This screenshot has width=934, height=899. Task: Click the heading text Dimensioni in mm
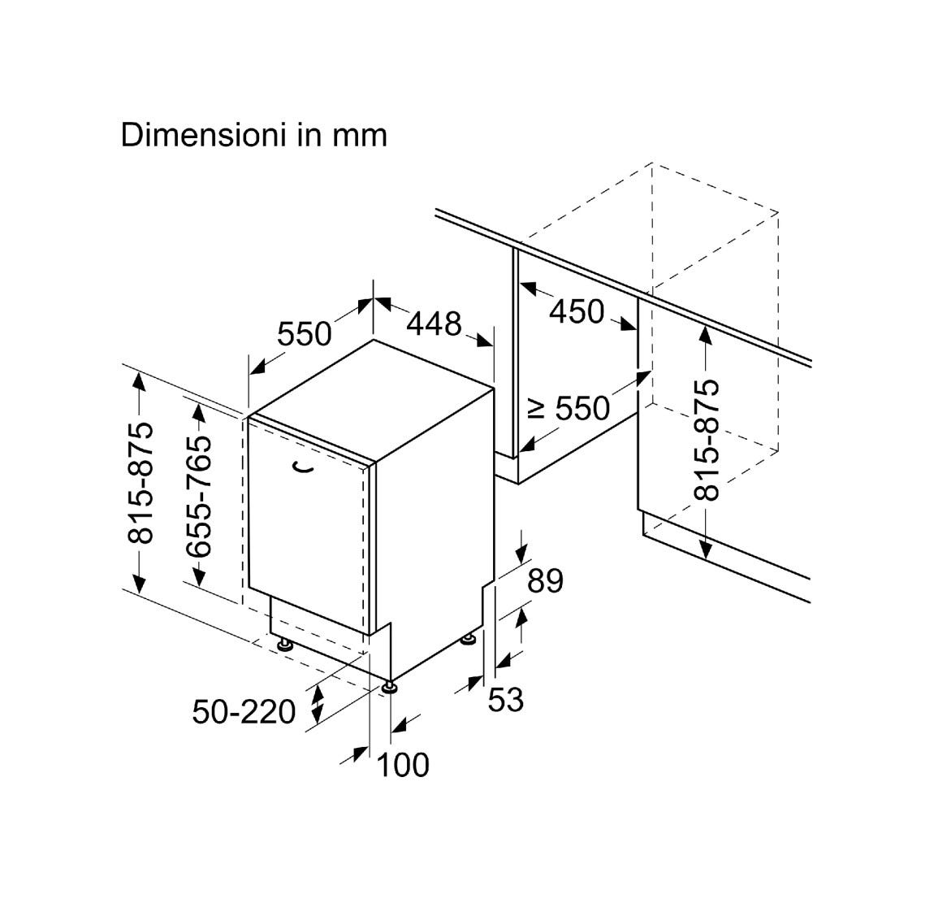click(x=253, y=135)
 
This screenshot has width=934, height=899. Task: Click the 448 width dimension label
click(x=435, y=324)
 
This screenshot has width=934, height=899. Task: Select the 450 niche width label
click(x=577, y=312)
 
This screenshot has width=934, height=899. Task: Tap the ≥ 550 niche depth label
click(x=569, y=409)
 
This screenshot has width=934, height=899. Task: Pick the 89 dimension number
click(x=545, y=580)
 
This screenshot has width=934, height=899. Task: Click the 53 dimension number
click(x=506, y=699)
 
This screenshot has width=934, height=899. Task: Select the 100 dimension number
click(x=403, y=765)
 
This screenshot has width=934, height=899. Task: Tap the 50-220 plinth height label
click(x=244, y=711)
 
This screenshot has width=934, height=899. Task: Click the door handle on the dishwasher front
click(x=305, y=467)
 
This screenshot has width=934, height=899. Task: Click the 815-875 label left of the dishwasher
click(x=141, y=483)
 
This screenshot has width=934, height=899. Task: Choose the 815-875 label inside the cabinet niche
click(x=707, y=440)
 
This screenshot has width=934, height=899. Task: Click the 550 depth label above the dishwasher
click(x=304, y=334)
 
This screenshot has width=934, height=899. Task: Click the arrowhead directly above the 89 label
click(x=522, y=552)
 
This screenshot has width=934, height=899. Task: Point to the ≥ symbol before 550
click(x=538, y=410)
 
